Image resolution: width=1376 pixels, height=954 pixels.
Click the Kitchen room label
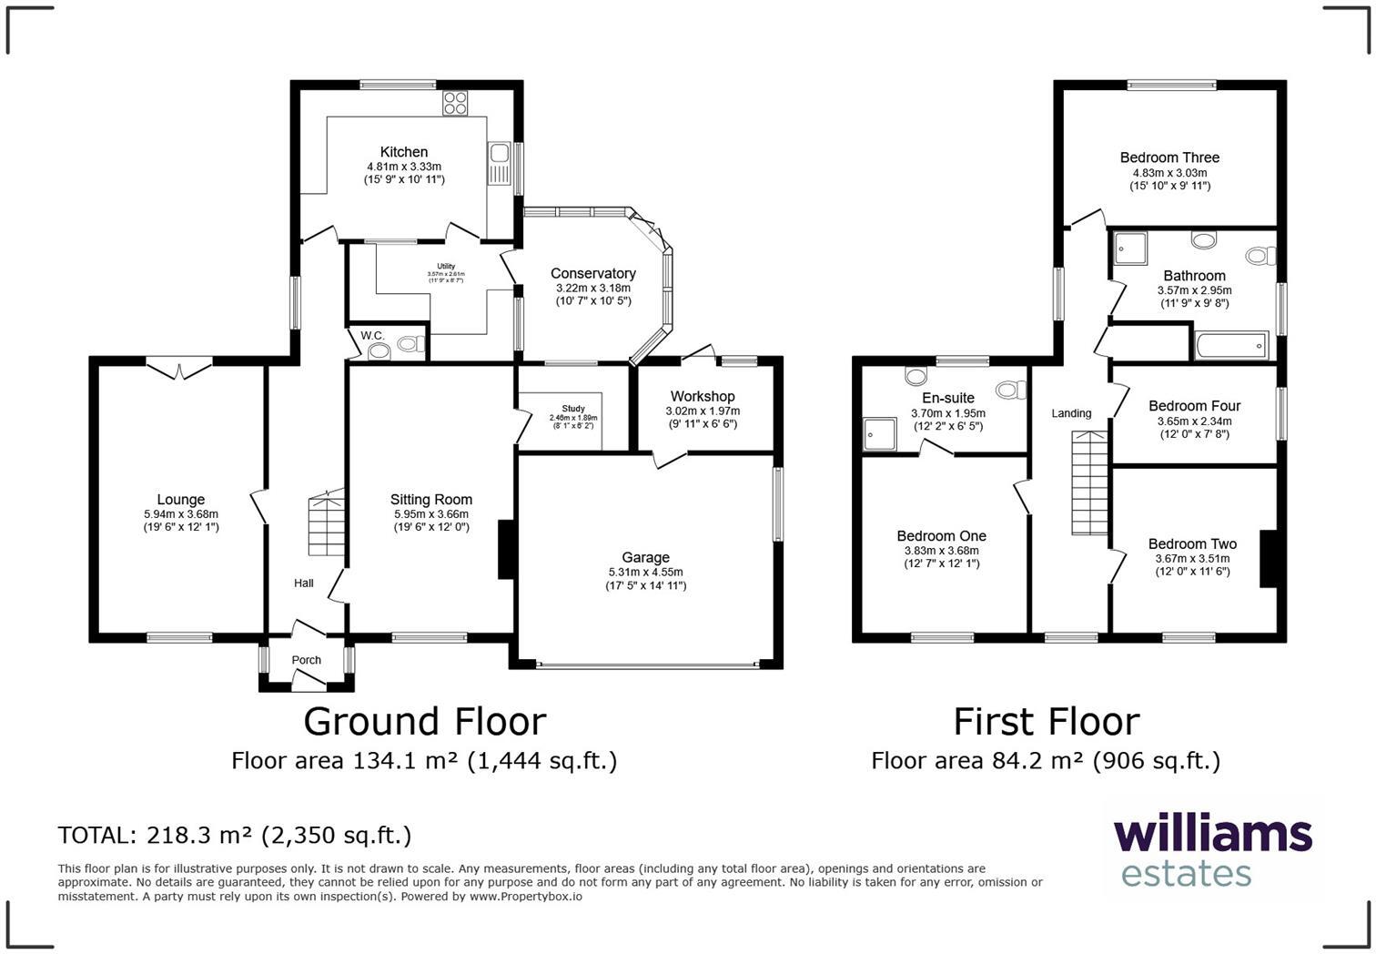pos(403,152)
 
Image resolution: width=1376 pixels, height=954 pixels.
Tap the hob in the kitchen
pos(454,104)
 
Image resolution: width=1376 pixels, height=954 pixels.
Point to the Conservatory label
pos(592,273)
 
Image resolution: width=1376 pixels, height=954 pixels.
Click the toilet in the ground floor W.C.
pos(410,344)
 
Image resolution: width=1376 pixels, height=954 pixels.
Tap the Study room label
pos(572,409)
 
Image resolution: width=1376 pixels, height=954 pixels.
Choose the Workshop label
pos(702,396)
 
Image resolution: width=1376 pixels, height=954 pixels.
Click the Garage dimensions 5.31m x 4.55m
pos(645,572)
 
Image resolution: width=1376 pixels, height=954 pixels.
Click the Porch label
pos(306,660)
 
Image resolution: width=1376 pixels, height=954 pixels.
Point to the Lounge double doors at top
pos(179,369)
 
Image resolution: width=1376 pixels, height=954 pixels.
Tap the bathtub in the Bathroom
pos(1229,346)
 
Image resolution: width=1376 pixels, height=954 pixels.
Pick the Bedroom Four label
pos(1194,406)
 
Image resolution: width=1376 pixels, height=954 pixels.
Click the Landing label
pos(1071,413)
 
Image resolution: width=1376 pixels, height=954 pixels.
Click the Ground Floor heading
pos(424,721)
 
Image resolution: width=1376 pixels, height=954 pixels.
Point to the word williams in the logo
pos(1212,835)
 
